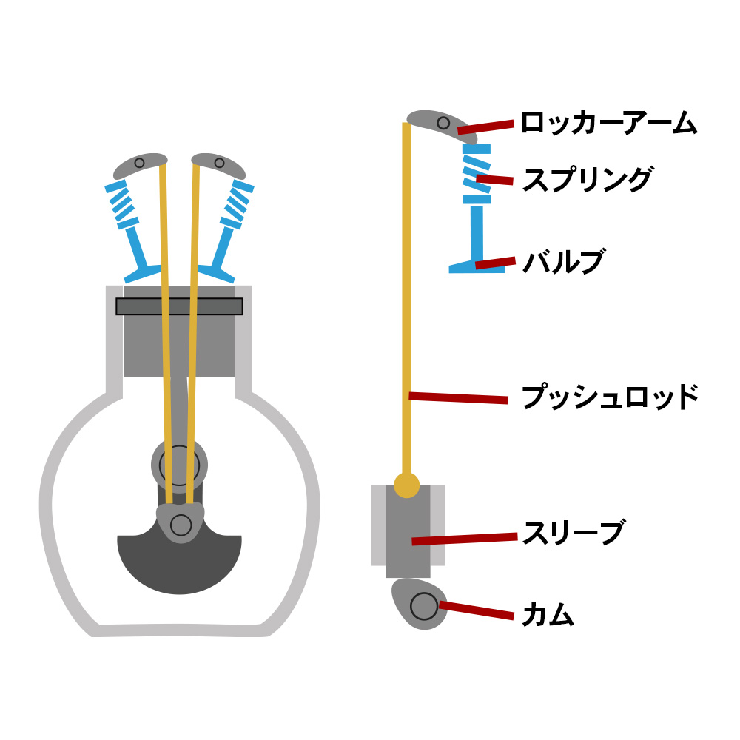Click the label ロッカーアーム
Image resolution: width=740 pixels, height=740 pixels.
coord(608,124)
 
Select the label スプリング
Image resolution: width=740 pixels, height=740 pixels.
coord(587,180)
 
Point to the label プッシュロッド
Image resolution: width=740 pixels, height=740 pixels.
coord(610,397)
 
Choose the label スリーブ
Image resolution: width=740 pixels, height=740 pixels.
coord(573,533)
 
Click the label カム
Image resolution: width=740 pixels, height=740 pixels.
coord(548,615)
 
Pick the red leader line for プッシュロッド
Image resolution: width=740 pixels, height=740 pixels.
coord(458,398)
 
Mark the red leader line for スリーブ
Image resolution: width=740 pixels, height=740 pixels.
coord(464,539)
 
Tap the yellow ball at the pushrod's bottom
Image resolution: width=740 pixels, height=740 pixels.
coord(406,485)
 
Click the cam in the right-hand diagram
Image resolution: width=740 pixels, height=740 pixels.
coord(419,603)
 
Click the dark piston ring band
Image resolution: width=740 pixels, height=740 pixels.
coord(179,306)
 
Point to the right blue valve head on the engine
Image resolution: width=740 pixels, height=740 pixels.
coord(216,272)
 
